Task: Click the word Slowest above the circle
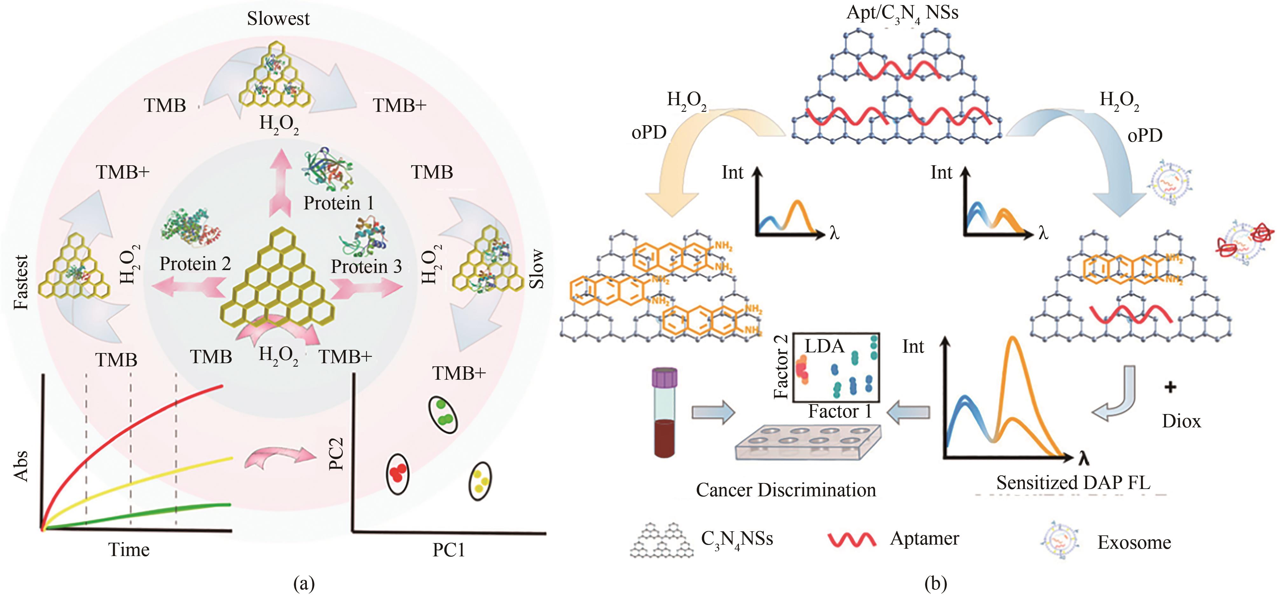278,19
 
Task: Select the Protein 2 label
195,264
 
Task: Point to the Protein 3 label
366,267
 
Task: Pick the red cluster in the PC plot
397,474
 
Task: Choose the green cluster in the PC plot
443,414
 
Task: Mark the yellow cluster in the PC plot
480,480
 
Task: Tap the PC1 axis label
449,550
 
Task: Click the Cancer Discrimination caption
786,490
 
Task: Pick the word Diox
1181,421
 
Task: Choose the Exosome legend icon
1060,541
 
